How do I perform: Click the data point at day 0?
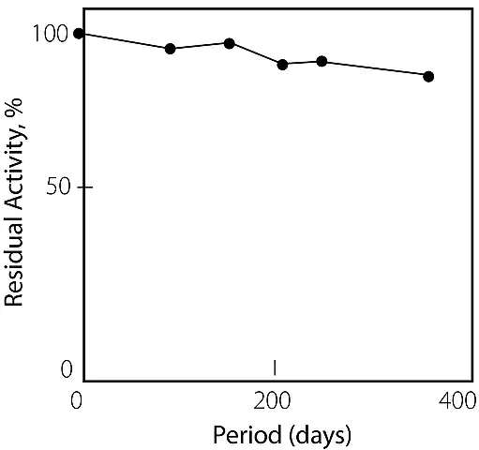(x=79, y=34)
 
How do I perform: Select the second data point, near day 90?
(x=170, y=49)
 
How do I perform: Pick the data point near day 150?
(x=230, y=43)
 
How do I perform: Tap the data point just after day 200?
(x=282, y=65)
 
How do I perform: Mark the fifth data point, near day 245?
(x=322, y=61)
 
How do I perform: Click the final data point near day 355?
(x=428, y=76)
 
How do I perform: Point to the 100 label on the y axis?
(x=50, y=34)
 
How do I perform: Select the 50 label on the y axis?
(x=57, y=187)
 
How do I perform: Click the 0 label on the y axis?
(x=67, y=369)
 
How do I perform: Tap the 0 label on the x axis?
(x=77, y=400)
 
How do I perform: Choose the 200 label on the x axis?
(x=272, y=400)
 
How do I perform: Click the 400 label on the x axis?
(x=457, y=400)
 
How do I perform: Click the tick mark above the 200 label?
(x=275, y=367)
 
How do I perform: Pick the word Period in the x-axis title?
(x=247, y=435)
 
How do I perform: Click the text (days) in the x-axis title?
(x=320, y=436)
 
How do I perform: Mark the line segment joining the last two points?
(x=375, y=68)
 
